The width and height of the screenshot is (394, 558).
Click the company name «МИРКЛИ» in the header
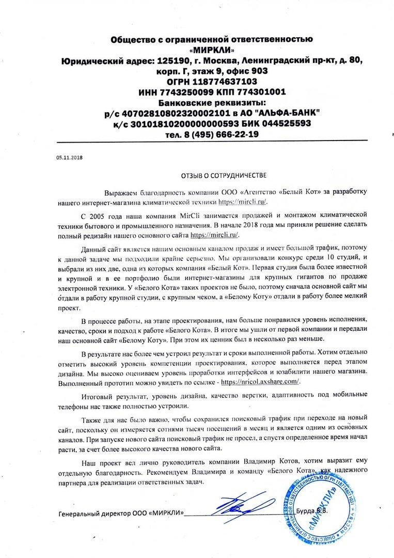point(212,50)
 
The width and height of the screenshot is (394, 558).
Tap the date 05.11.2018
point(69,157)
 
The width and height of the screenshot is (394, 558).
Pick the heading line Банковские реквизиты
point(212,102)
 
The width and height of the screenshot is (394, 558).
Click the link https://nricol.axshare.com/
point(260,381)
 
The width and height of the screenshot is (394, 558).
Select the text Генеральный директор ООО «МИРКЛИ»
point(121,515)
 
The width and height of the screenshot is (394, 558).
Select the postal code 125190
point(157,60)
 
